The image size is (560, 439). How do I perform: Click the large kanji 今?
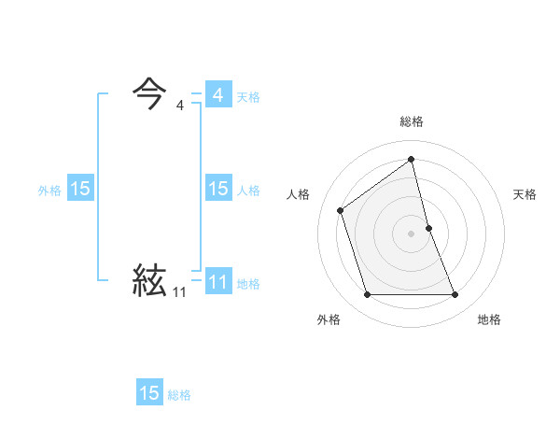pos(149,94)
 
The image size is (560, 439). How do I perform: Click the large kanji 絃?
pos(149,280)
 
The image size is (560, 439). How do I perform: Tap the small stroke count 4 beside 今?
pos(179,106)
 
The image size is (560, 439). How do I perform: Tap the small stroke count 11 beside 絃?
pos(179,292)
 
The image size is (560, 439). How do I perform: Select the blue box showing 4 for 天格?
pos(217,95)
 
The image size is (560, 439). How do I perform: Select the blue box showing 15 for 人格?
pos(217,189)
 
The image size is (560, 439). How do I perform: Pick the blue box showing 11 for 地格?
pos(217,282)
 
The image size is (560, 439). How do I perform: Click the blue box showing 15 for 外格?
pos(80,189)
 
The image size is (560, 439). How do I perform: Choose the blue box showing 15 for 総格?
pos(149,393)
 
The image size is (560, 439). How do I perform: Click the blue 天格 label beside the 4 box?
pos(248,97)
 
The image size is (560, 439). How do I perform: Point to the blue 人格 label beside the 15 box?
pos(248,191)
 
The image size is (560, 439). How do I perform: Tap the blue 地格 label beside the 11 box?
pos(248,284)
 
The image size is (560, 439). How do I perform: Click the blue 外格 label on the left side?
pos(49,191)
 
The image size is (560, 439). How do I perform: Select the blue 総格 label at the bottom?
pos(179,395)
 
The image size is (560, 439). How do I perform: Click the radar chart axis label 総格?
pos(412,121)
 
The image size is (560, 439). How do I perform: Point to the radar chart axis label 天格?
pos(525,194)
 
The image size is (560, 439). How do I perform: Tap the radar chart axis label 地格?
pos(489,319)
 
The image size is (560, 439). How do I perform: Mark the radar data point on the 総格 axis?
pos(412,159)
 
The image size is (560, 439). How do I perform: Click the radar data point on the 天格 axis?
pos(428,227)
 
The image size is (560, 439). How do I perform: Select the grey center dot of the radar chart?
pos(412,233)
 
